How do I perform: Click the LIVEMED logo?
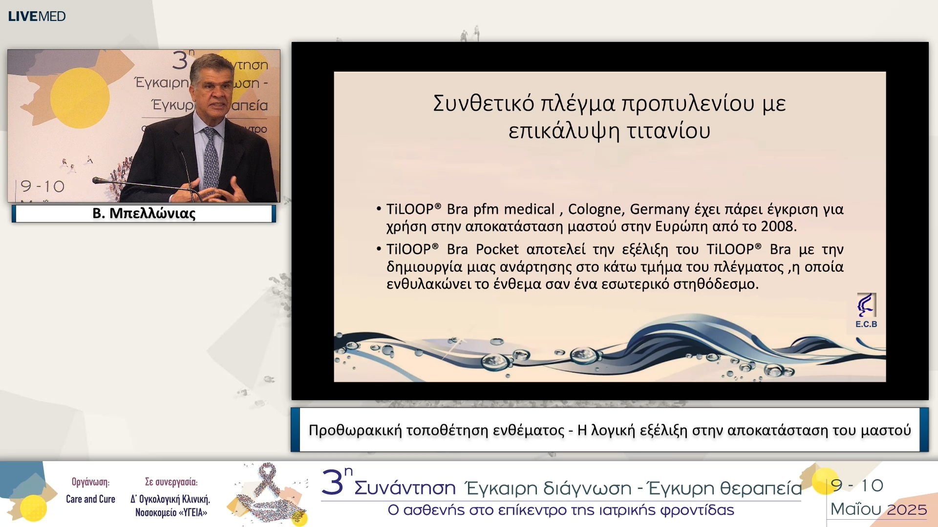[x=37, y=16]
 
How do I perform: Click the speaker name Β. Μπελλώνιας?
[x=144, y=213]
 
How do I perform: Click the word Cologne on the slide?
[x=595, y=209]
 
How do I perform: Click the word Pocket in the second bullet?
[x=497, y=249]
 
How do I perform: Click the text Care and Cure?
[x=90, y=499]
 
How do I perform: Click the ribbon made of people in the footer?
[x=268, y=493]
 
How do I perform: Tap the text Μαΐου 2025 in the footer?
[x=878, y=509]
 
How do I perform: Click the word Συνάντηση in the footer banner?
[x=405, y=488]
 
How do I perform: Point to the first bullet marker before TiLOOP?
[x=379, y=209]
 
